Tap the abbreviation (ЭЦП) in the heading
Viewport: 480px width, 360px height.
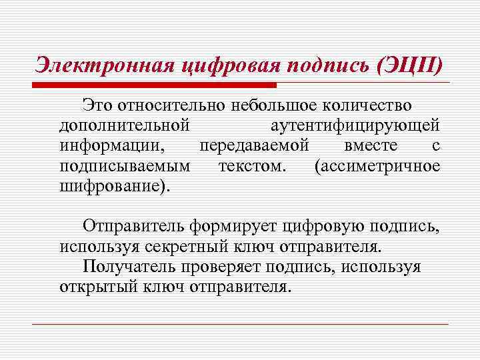(x=408, y=65)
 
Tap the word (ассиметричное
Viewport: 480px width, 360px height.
(x=377, y=165)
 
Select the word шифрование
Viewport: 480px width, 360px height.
(x=113, y=185)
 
